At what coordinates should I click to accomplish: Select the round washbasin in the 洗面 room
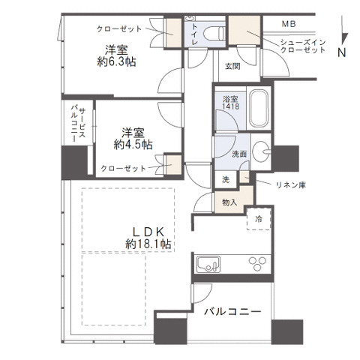point(262,149)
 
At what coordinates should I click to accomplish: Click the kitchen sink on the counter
point(208,264)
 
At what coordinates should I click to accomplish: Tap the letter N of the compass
point(341,52)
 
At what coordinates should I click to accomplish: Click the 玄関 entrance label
point(232,66)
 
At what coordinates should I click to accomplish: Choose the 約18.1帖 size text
point(148,244)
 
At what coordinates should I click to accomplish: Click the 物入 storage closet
point(229,201)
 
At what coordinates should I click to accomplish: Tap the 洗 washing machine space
point(225,180)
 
